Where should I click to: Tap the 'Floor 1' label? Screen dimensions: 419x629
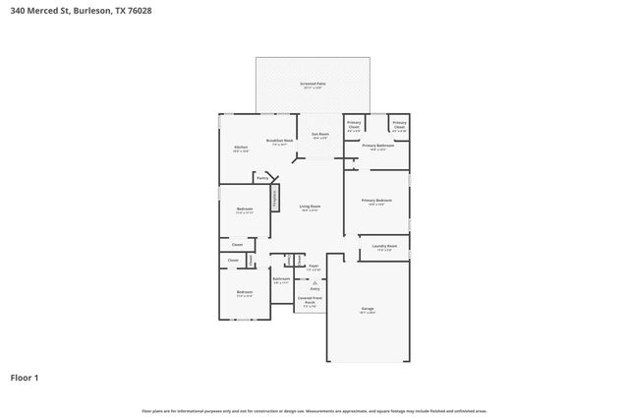(25, 377)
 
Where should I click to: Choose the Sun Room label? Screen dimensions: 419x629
(320, 135)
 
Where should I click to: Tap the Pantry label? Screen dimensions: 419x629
(262, 178)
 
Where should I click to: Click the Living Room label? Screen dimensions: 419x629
(310, 208)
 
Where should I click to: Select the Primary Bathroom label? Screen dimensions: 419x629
(377, 148)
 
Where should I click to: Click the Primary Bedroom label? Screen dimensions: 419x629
(375, 202)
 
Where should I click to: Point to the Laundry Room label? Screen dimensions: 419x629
(384, 248)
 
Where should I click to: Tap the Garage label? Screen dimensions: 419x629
(367, 310)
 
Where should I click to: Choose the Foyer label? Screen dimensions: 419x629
(314, 267)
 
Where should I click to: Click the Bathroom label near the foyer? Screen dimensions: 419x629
(281, 280)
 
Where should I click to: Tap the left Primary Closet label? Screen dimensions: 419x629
(354, 126)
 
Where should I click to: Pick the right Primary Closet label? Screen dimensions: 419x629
(399, 126)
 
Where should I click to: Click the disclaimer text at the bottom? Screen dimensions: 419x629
(314, 410)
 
